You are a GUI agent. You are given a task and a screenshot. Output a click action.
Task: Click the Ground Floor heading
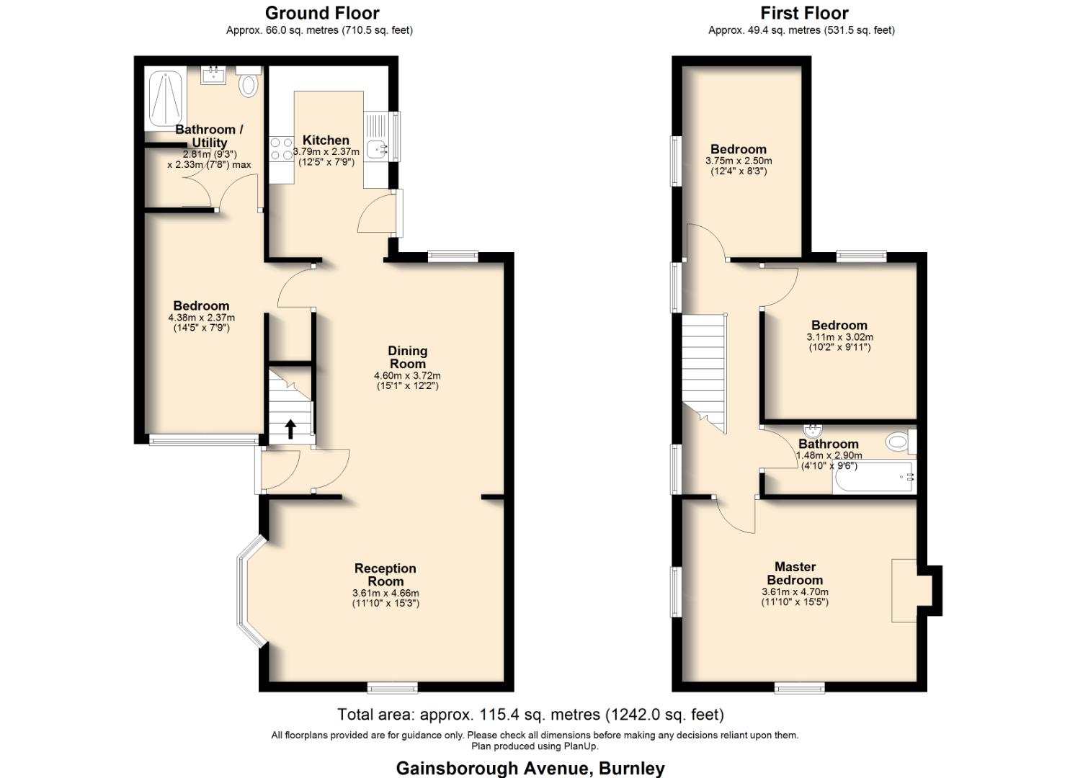pos(321,13)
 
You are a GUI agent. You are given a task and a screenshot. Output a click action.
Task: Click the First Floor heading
pos(804,13)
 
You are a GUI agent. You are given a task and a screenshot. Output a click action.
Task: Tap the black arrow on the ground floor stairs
pos(290,429)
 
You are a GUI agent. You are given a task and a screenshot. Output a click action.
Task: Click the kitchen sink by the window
pos(376,149)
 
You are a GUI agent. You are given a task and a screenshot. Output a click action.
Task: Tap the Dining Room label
pos(408,357)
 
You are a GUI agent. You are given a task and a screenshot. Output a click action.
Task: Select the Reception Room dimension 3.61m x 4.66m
pos(385,593)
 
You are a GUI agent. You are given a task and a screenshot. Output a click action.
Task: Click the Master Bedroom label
pos(795,573)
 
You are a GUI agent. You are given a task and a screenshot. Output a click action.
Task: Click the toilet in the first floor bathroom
pos(900,441)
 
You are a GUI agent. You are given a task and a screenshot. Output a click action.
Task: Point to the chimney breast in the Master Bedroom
pos(906,590)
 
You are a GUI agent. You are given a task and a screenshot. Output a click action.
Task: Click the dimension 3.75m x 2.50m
pos(738,161)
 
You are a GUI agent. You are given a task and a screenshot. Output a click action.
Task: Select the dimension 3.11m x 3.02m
pos(839,336)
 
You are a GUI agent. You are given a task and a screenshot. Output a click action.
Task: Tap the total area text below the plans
pos(530,715)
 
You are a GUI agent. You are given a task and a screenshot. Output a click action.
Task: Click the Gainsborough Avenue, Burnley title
pos(530,768)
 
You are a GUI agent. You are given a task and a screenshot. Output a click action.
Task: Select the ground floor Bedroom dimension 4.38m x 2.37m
pos(201,317)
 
